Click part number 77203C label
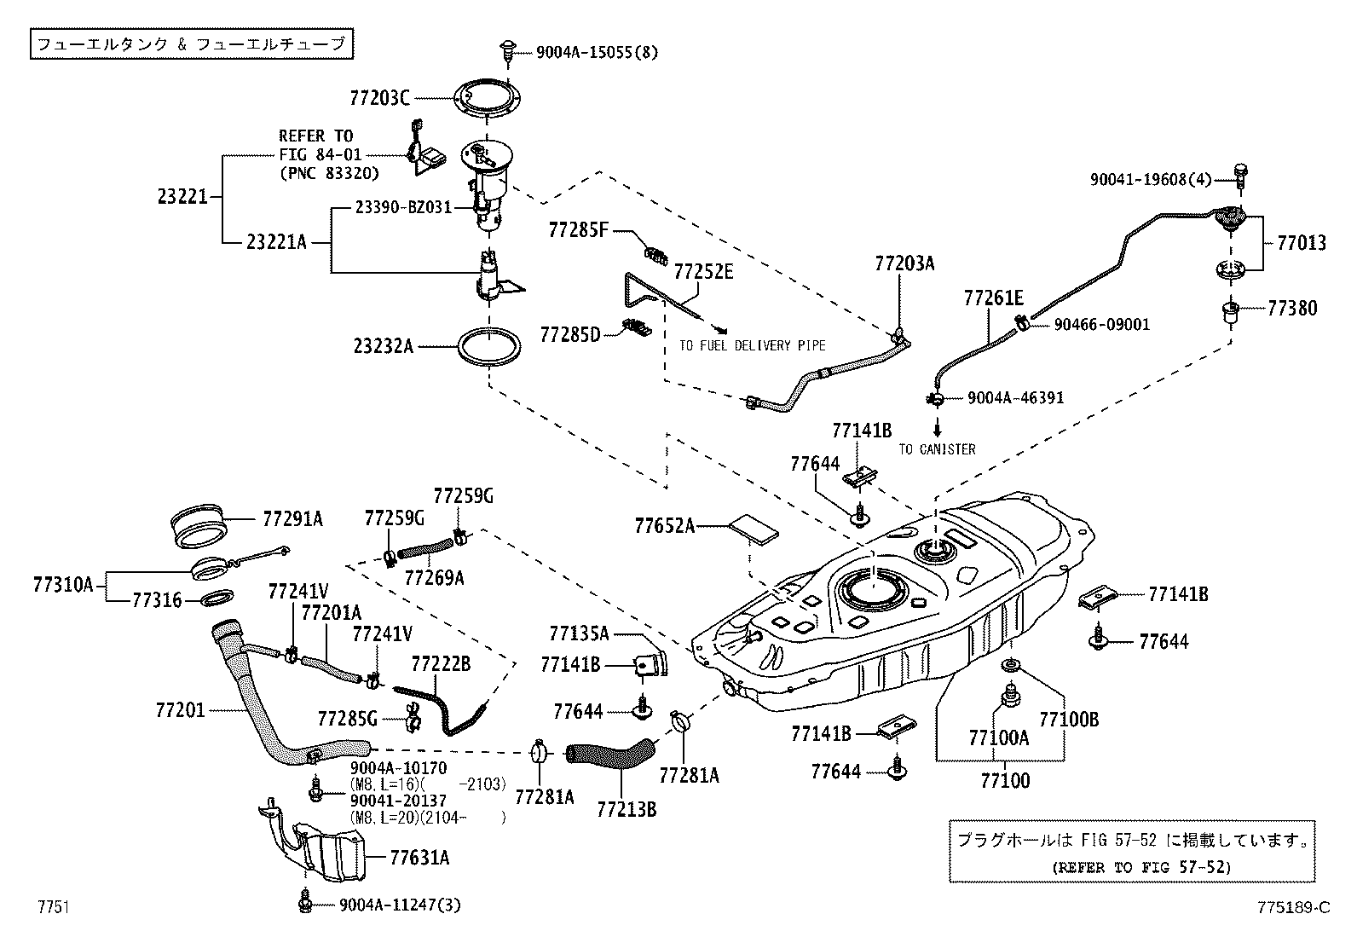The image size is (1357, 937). click(x=379, y=97)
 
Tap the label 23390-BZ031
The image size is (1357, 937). click(x=403, y=207)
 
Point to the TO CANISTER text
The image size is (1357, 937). click(x=937, y=449)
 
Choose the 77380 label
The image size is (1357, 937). click(x=1291, y=309)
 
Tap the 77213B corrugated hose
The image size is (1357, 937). click(x=610, y=754)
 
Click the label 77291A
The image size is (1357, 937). click(x=292, y=518)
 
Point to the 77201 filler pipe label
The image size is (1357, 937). click(x=181, y=709)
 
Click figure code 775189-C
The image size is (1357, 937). click(x=1291, y=907)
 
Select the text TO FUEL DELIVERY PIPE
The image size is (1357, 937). click(x=753, y=346)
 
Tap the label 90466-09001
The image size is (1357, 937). click(x=1101, y=325)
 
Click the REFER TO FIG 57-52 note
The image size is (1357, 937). click(x=1142, y=867)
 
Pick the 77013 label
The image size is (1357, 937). click(x=1301, y=243)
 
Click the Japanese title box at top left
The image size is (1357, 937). click(x=192, y=43)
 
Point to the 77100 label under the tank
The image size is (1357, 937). click(x=1005, y=780)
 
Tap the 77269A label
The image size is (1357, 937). click(x=434, y=578)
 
